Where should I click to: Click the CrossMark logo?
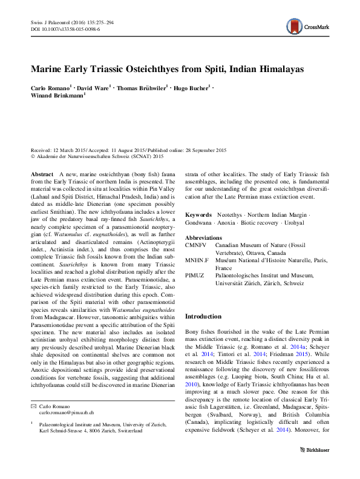click(x=310, y=26)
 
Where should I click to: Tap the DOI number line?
click(x=65, y=28)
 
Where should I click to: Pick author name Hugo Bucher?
click(x=190, y=88)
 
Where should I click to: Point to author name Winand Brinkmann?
click(x=57, y=96)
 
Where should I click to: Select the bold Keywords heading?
click(x=198, y=215)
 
